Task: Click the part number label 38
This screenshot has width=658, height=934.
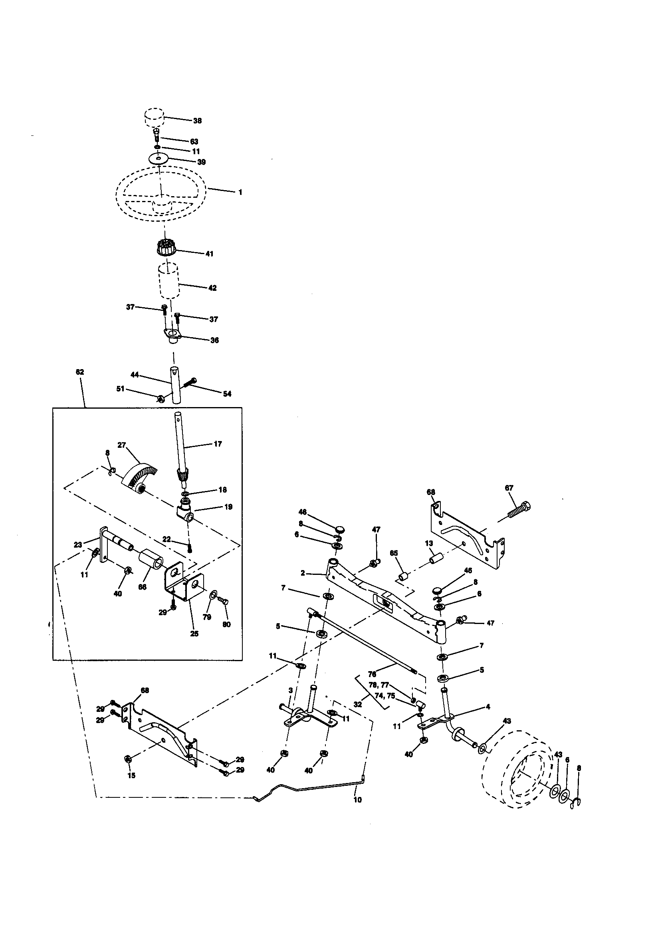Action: [x=197, y=121]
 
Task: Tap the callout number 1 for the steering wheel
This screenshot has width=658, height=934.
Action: [x=240, y=192]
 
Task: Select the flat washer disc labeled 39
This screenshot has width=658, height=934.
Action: [x=159, y=157]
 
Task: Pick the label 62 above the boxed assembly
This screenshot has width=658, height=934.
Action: [x=80, y=372]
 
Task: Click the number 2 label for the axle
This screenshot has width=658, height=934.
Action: [x=303, y=573]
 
